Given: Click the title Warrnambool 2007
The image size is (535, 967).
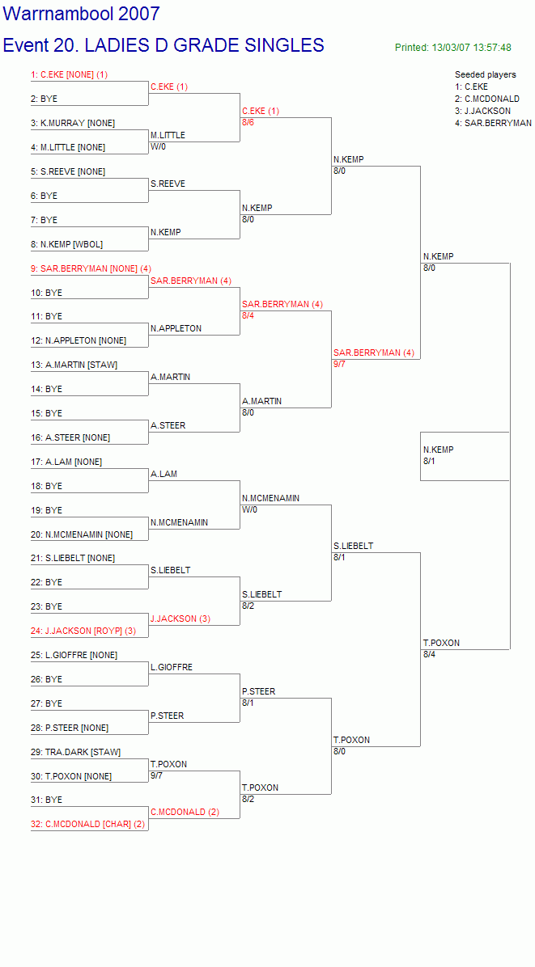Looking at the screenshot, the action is [x=82, y=14].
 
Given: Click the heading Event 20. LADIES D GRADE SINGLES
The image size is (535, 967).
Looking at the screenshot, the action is [x=163, y=45].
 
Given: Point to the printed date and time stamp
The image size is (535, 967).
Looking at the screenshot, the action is [x=453, y=48].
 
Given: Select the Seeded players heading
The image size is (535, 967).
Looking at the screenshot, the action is [x=486, y=74].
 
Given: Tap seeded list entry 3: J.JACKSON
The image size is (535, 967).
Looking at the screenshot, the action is [x=482, y=111].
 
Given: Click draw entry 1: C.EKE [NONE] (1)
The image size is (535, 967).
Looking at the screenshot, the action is [x=69, y=74].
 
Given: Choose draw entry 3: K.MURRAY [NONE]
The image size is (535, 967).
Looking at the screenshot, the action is [x=73, y=124].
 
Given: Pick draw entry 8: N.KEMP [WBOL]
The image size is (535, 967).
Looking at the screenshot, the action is [x=67, y=244].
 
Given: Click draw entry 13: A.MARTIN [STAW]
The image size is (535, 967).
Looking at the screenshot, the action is [x=74, y=365].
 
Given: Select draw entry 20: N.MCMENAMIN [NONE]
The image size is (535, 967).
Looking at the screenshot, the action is [x=82, y=534].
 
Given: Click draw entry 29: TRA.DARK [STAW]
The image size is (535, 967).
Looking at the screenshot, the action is [x=76, y=753].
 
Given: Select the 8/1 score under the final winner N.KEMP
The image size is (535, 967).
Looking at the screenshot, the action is [x=431, y=462].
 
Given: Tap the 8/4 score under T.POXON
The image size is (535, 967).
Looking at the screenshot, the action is [x=431, y=655].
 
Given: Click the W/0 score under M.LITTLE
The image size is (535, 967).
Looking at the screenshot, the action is [x=158, y=147].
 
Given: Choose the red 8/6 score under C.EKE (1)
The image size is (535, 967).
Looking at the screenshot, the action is [x=248, y=123].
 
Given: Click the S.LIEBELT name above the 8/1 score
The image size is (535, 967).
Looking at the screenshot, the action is [x=353, y=546].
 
